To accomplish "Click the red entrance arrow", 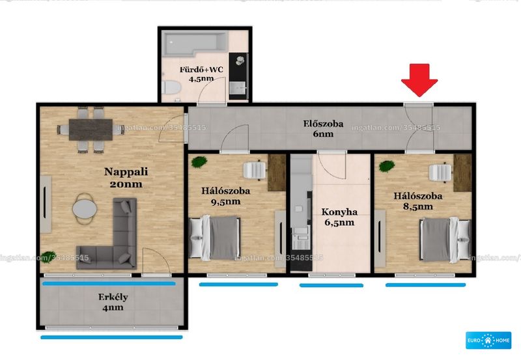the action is [x=419, y=80].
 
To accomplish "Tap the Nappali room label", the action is [x=126, y=172].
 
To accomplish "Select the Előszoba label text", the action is [x=323, y=124].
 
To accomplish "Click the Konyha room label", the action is [x=339, y=212].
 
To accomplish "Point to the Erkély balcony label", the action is [x=113, y=297].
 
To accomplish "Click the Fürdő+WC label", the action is [x=201, y=70].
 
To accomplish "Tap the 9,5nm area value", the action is [x=225, y=202].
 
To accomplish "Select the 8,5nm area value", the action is [x=418, y=206].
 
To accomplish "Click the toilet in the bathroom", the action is [x=171, y=87].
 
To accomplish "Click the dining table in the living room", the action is [x=91, y=130].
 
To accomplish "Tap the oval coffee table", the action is [x=85, y=208].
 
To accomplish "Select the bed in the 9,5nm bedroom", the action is [x=215, y=238].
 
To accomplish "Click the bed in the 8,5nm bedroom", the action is [x=445, y=239].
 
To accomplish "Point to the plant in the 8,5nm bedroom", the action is [x=387, y=166].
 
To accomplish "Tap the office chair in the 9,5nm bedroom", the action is [x=255, y=171].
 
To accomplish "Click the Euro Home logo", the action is [x=488, y=340].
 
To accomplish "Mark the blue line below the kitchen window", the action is [x=331, y=285].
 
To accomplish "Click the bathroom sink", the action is [x=238, y=88].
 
